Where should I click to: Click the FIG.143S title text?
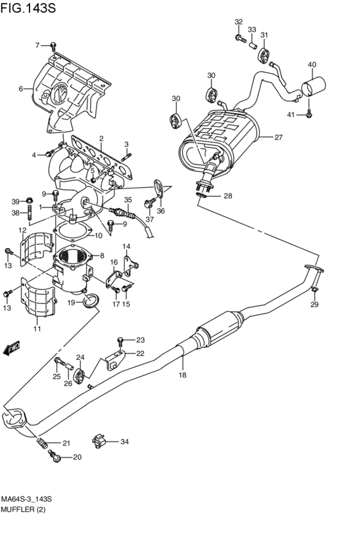(x=28, y=8)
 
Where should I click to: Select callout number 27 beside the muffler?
(x=278, y=137)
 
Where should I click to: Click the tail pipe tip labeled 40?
(x=313, y=87)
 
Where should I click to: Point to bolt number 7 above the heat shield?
(x=53, y=46)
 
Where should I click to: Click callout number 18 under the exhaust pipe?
(x=183, y=375)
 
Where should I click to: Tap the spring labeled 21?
(x=42, y=443)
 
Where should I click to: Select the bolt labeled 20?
(x=55, y=456)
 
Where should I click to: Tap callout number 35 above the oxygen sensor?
(x=128, y=201)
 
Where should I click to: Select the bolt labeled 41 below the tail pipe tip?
(x=309, y=114)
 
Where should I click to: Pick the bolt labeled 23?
(x=120, y=341)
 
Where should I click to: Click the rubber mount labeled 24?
(x=80, y=374)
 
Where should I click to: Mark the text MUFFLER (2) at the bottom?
(x=23, y=510)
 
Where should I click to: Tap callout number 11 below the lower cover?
(x=37, y=328)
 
